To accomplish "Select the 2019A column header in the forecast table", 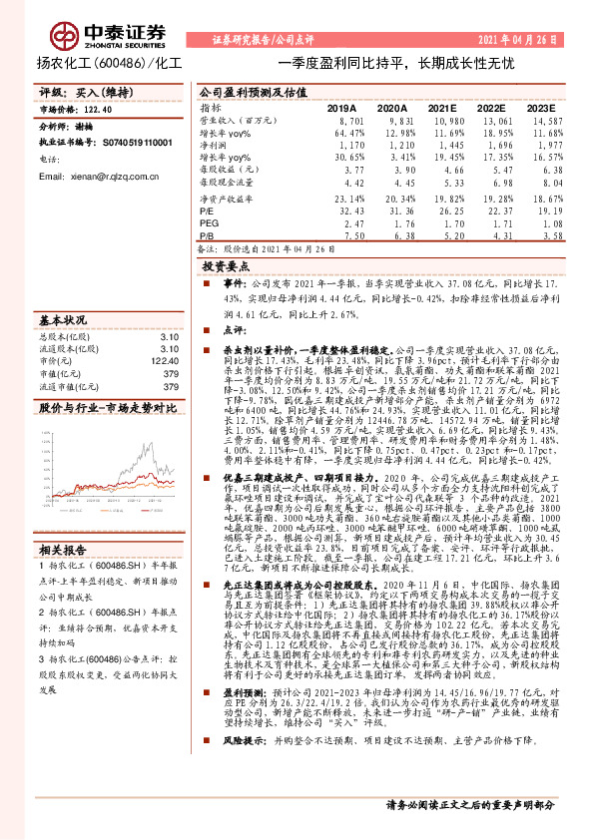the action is click(342, 108).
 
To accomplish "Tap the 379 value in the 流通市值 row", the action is click(170, 387).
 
